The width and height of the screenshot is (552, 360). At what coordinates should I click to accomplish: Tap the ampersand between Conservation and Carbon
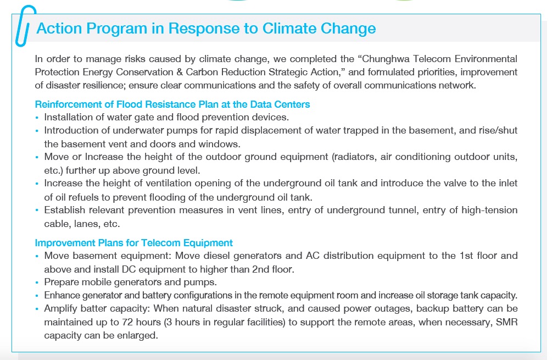tap(180, 72)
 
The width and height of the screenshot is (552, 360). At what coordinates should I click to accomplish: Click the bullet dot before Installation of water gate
tap(37, 118)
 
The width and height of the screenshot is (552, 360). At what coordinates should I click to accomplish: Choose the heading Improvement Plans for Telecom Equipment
tap(134, 243)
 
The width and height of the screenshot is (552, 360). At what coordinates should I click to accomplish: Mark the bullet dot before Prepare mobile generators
tap(37, 283)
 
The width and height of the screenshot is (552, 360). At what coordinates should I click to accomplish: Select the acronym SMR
tap(506, 322)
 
